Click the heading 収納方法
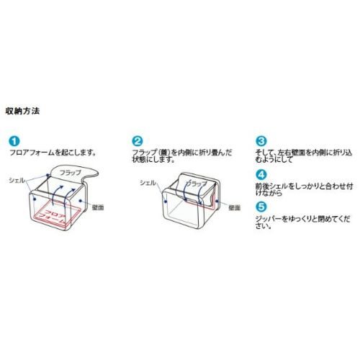(x=22, y=111)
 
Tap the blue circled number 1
(x=14, y=141)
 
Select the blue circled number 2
(x=138, y=141)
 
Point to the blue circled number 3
(x=261, y=141)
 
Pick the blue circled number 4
(x=261, y=174)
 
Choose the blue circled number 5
(x=261, y=207)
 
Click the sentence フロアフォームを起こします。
(x=53, y=153)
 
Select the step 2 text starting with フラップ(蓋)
(x=182, y=156)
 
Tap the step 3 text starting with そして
(x=304, y=156)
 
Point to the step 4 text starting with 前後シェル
(x=304, y=189)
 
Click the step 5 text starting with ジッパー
(x=302, y=222)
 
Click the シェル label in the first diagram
(x=17, y=180)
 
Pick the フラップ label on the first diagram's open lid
(x=71, y=173)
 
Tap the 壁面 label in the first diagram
(x=98, y=207)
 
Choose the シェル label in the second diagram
(x=148, y=183)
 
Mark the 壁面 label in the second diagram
(x=235, y=207)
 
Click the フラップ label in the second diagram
(x=197, y=184)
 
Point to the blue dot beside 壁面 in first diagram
(x=81, y=200)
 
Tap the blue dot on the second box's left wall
(x=166, y=202)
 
